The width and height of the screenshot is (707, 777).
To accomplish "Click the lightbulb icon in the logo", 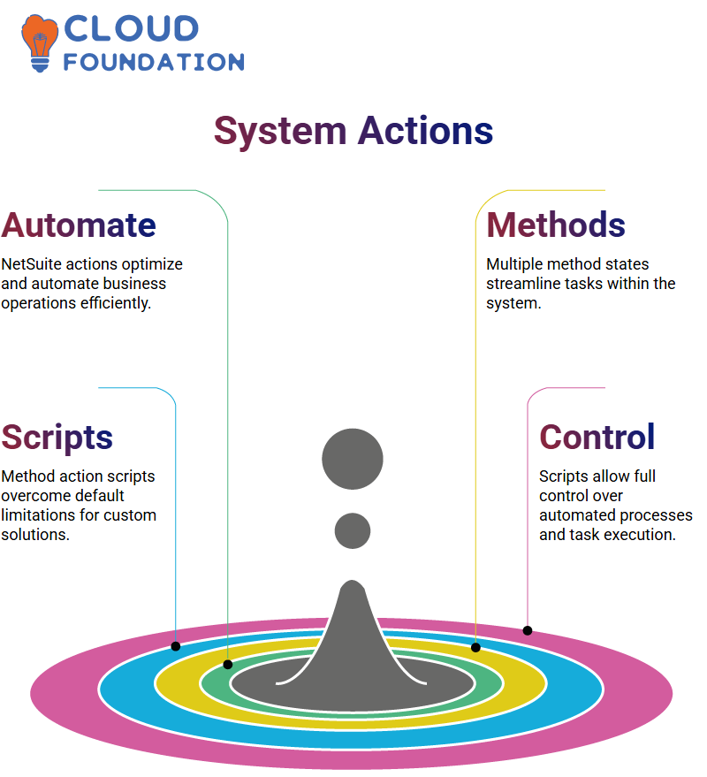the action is [39, 43].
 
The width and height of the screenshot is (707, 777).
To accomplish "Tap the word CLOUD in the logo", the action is [132, 29].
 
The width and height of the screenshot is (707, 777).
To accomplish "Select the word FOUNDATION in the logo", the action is [154, 62].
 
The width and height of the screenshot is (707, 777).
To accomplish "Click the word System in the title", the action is [280, 132].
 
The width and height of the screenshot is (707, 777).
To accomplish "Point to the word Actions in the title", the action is [426, 131].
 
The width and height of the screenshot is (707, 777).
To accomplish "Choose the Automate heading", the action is [79, 225].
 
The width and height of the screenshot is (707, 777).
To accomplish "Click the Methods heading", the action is [556, 225].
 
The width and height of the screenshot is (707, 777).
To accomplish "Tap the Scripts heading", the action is [57, 438].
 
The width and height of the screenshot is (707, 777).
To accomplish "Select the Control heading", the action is [597, 437].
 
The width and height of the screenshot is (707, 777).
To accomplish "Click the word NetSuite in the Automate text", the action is [31, 264].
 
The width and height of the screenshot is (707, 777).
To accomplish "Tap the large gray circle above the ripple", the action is [353, 459].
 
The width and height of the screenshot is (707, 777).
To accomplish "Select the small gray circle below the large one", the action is [353, 530].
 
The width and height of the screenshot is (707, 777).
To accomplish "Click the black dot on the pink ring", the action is [528, 630].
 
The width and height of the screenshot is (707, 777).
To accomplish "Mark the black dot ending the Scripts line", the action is [175, 646].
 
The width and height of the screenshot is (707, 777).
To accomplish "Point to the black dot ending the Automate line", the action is [228, 665].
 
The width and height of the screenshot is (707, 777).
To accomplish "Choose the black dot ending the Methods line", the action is [475, 647].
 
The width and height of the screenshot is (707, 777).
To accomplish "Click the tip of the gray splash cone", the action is [353, 581].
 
